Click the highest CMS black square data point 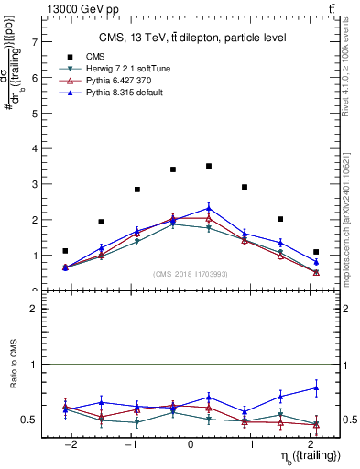pos(209,166)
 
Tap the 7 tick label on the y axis pos(34,42)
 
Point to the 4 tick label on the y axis pos(34,149)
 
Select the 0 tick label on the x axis pos(191,444)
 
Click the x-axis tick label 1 pos(250,444)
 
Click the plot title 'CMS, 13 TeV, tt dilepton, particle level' pos(192,38)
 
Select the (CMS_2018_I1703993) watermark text pos(190,274)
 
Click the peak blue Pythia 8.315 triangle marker pos(209,208)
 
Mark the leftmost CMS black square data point pos(65,251)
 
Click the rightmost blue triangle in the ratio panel pos(316,388)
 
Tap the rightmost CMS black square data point pos(316,252)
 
